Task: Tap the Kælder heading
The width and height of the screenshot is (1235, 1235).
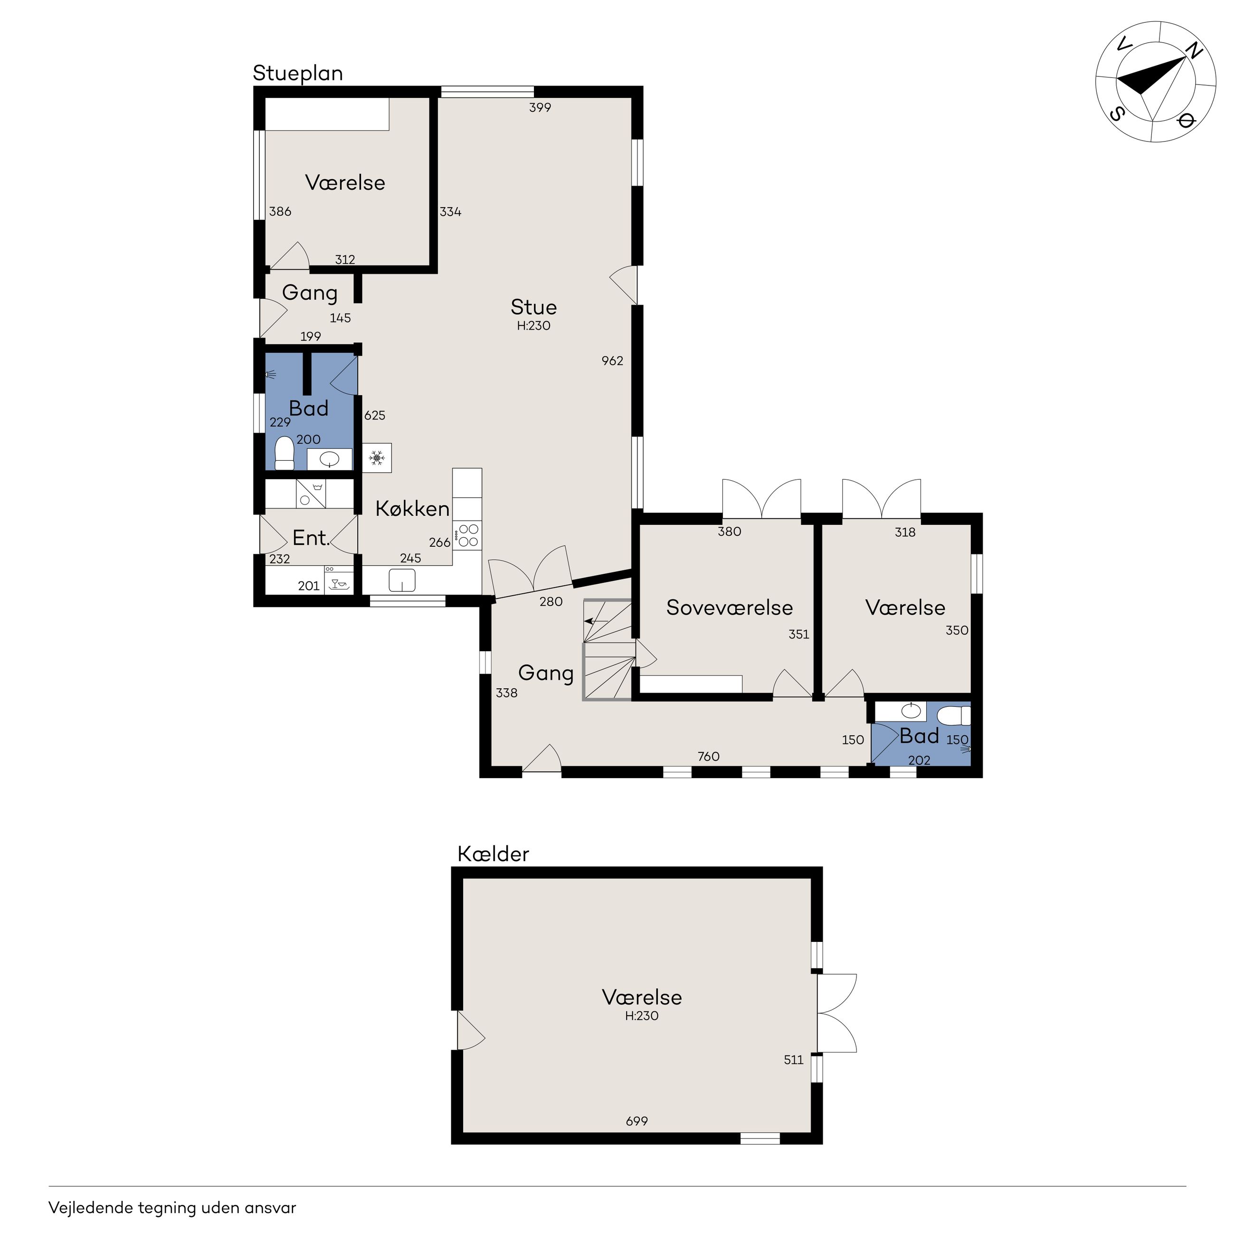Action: (494, 854)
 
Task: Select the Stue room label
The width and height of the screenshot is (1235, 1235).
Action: (534, 307)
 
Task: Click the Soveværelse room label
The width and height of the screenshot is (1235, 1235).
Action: (730, 607)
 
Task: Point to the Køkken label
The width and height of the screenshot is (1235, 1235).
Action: (412, 509)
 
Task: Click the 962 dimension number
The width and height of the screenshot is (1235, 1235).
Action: (612, 361)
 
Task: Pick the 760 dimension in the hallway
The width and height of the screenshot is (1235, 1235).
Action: (708, 757)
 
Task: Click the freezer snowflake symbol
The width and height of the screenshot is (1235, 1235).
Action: (377, 458)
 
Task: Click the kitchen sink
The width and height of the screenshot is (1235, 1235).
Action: (402, 580)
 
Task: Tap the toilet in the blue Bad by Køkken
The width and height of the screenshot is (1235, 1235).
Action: (284, 453)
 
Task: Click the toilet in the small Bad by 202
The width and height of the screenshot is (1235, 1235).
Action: (954, 715)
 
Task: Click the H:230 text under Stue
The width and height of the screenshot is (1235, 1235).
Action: (534, 326)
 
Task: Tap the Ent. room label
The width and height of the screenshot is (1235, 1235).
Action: (311, 538)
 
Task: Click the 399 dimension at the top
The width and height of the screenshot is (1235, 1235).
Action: (540, 107)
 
